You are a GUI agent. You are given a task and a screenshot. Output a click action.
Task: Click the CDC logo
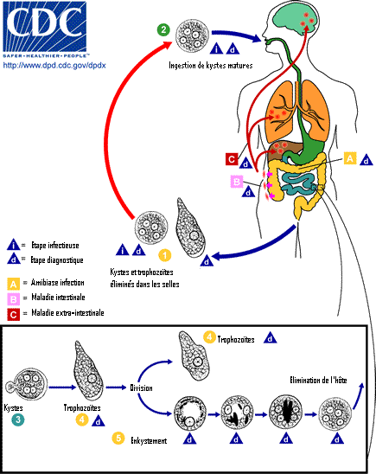tap(45, 29)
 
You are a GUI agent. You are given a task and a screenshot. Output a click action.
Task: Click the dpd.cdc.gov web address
tap(54, 65)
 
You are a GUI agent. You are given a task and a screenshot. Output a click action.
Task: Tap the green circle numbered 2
tap(163, 29)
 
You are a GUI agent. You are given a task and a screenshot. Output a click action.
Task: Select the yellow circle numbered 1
tap(164, 255)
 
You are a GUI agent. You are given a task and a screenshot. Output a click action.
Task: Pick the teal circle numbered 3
tap(18, 420)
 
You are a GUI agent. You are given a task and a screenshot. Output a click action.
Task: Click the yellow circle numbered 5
tap(118, 438)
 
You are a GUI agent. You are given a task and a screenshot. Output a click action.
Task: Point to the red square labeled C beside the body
tap(232, 159)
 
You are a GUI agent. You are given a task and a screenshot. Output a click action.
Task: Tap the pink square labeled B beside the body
tap(237, 182)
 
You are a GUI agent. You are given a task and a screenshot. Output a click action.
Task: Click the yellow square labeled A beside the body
tap(350, 158)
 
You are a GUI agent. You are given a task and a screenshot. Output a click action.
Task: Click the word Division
tap(141, 388)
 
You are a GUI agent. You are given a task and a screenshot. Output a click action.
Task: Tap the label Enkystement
tap(149, 441)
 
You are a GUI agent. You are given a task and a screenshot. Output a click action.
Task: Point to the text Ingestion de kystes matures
tap(211, 65)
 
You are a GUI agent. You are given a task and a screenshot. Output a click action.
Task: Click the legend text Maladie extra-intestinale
tap(67, 312)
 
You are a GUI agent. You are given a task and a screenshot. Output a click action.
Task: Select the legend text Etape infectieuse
tap(55, 246)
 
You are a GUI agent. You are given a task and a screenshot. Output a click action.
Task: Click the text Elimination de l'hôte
tap(318, 380)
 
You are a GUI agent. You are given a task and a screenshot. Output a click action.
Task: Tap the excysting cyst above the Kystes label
tap(27, 385)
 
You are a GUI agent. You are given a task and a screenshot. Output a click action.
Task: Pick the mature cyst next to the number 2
tap(193, 35)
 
